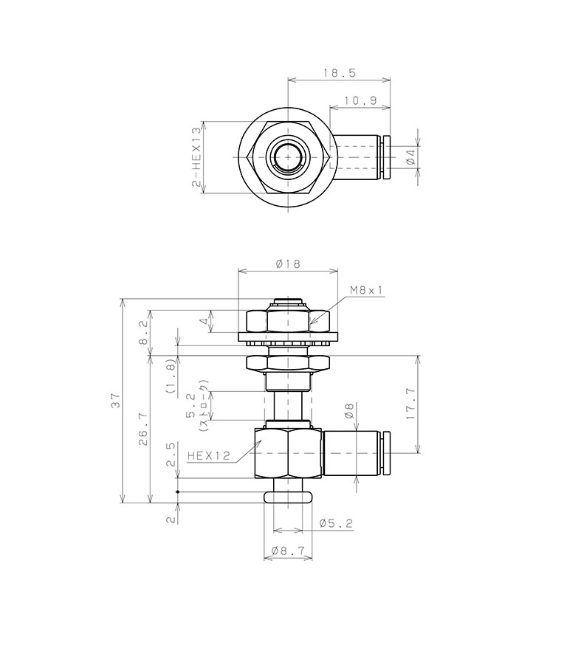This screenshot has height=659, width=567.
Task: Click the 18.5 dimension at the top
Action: coord(339,72)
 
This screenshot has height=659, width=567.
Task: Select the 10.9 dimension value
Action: coord(360,100)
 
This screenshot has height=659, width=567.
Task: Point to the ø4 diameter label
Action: coord(410,157)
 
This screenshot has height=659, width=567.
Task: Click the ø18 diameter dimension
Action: coord(286,263)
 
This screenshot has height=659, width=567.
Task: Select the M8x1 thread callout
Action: coord(367,290)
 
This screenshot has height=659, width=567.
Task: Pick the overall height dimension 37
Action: coord(115,401)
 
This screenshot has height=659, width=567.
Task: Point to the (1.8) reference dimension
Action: coord(170,378)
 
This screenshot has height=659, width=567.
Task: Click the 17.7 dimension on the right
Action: coord(410,403)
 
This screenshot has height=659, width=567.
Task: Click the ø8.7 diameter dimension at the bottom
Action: coord(286,551)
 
